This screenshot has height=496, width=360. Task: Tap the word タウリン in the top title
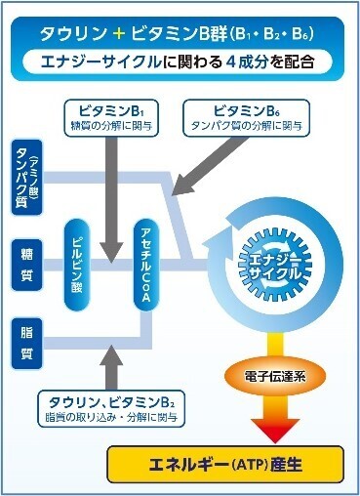[x=76, y=33]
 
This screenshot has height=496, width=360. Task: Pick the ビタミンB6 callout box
[x=242, y=116]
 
